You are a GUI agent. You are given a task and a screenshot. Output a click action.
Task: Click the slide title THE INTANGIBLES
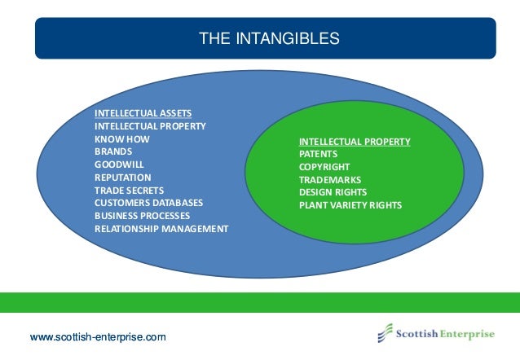pos(270,38)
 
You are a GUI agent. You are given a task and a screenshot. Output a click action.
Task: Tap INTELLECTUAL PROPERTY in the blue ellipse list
pos(150,126)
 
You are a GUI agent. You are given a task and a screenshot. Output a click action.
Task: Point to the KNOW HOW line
pos(121,139)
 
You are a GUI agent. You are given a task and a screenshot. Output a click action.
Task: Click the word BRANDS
pos(113,151)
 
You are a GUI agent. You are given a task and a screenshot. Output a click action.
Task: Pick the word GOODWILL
pos(119,165)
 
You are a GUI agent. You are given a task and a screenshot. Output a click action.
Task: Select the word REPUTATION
pos(122,177)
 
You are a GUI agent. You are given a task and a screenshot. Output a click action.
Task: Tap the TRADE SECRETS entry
pos(129,190)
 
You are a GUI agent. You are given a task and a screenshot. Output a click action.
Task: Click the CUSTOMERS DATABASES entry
pos(149,202)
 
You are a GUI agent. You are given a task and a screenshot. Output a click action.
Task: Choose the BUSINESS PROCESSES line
pos(142,215)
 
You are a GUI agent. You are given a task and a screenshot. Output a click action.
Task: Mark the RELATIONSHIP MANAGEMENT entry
pos(161,228)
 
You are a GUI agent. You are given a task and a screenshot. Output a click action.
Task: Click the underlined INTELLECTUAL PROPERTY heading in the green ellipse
pos(355,142)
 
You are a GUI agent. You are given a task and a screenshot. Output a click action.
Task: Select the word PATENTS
pos(318,154)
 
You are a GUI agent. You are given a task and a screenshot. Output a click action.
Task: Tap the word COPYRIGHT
pos(323,167)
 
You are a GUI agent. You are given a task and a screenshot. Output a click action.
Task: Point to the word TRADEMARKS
pos(329,179)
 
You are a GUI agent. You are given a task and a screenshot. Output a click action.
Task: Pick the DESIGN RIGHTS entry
pos(333,192)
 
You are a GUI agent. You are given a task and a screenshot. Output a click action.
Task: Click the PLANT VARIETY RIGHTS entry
pos(350,205)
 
